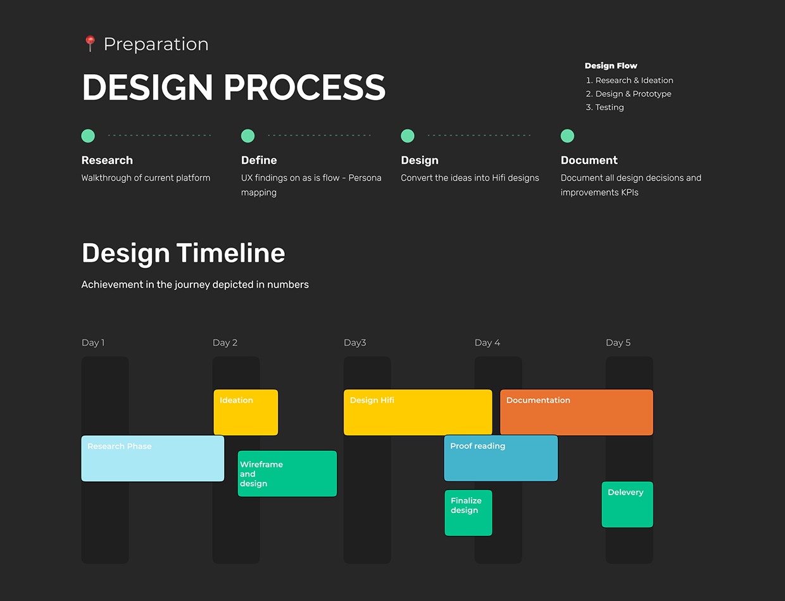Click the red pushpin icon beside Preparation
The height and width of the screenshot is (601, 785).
(90, 43)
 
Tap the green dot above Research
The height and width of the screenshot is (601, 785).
(88, 136)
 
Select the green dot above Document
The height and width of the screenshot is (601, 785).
(567, 136)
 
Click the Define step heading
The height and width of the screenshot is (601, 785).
(259, 160)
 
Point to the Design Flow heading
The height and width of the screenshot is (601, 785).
(611, 66)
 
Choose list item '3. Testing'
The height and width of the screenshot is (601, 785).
(605, 107)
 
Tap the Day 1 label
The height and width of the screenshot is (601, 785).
(93, 343)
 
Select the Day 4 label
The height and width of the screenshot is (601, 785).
(487, 343)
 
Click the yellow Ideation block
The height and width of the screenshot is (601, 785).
(246, 412)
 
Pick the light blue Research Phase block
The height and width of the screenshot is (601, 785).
(153, 459)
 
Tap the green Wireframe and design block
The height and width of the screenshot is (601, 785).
(287, 474)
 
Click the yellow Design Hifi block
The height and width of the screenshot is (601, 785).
(418, 412)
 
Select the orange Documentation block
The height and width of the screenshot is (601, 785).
(577, 412)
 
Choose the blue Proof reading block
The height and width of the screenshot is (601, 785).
(501, 459)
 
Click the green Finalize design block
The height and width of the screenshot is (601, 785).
(468, 513)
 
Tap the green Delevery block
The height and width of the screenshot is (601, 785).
(627, 504)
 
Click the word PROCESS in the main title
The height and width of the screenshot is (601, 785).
(305, 87)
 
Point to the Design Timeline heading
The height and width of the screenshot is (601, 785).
(184, 253)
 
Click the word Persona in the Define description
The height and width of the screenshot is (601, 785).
(365, 178)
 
